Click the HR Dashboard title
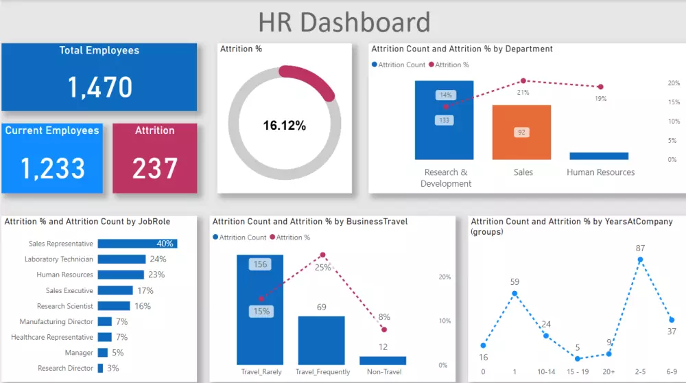[x=344, y=22]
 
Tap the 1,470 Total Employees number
[x=99, y=87]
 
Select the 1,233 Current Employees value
[x=54, y=168]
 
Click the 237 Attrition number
[x=154, y=168]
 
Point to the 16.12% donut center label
[x=284, y=126]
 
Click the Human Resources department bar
[x=599, y=156]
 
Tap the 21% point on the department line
[x=523, y=81]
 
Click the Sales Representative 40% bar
[x=137, y=244]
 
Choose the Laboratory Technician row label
[x=59, y=259]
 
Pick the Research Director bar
[x=100, y=368]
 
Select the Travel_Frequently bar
[x=321, y=340]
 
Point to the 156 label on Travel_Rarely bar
[x=261, y=264]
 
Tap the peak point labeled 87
[x=640, y=260]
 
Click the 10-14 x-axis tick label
[x=546, y=372]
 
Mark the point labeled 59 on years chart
[x=514, y=293]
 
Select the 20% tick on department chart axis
[x=674, y=83]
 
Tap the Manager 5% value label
[x=118, y=353]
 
